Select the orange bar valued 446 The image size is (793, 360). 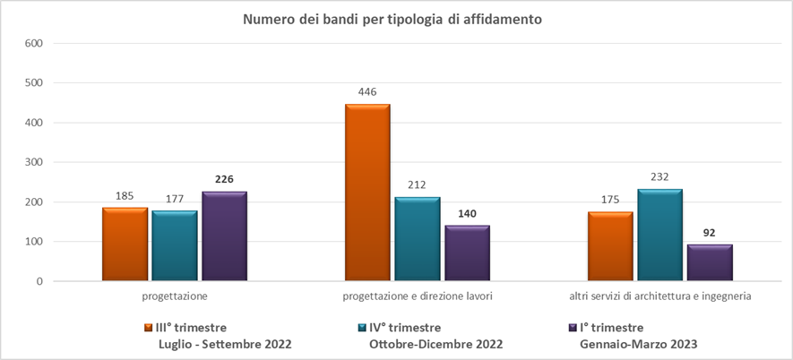(367, 193)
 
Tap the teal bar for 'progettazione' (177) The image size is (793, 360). (175, 246)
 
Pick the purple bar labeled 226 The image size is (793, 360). (224, 236)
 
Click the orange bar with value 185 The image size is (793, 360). (125, 244)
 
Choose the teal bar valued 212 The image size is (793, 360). (418, 239)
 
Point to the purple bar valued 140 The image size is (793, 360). (467, 253)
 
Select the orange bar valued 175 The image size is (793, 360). (610, 246)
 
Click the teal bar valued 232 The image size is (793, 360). (660, 235)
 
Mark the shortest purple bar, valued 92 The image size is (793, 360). (710, 263)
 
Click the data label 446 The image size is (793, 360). (367, 92)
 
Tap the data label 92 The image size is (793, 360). (710, 233)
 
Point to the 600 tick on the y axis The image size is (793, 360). (34, 43)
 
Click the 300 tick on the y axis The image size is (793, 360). (34, 162)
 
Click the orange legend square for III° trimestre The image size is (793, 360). (149, 328)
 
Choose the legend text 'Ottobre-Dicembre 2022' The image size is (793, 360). (435, 344)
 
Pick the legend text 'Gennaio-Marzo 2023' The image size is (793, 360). (638, 344)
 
